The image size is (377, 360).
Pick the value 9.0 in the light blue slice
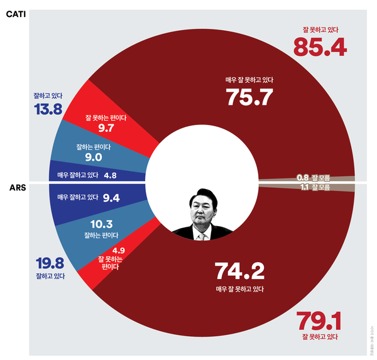tap(93, 156)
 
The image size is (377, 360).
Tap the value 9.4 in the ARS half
tap(111, 198)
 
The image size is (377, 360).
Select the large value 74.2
tap(239, 271)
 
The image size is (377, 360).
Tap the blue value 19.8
tap(48, 261)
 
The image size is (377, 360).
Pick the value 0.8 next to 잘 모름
tap(302, 178)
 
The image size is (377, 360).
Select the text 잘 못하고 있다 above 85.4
tap(320, 28)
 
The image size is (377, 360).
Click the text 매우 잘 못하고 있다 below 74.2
tap(239, 289)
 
